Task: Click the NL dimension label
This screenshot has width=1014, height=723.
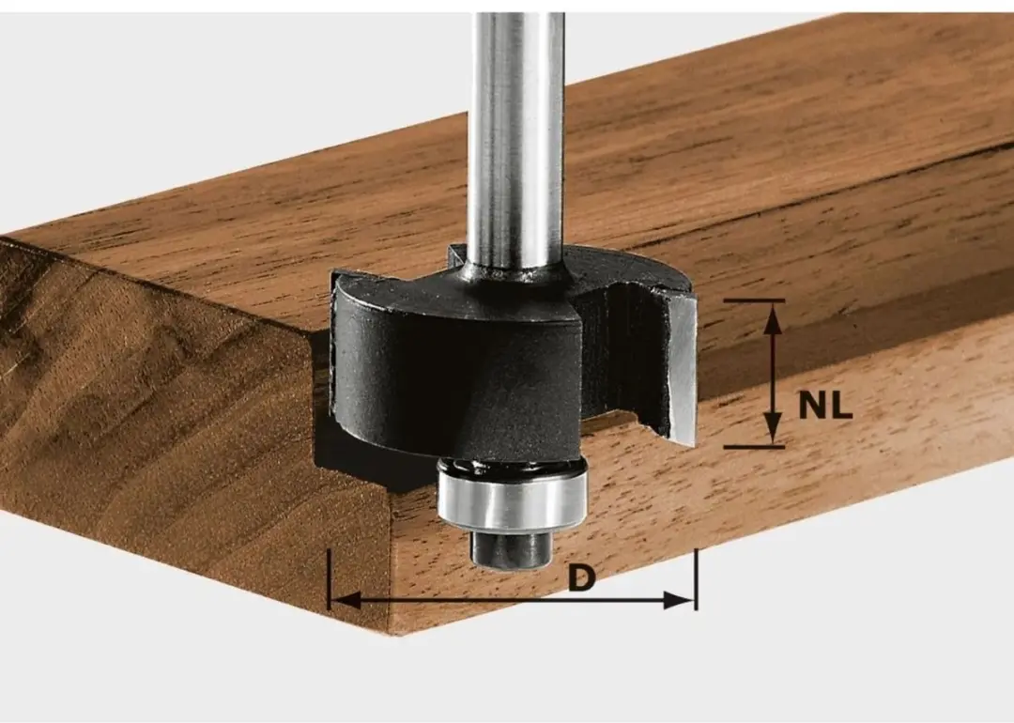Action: pyautogui.click(x=825, y=406)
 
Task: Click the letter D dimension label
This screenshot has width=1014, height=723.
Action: pyautogui.click(x=581, y=577)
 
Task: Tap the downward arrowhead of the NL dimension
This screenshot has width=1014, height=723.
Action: pyautogui.click(x=772, y=429)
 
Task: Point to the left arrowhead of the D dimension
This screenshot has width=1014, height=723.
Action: pyautogui.click(x=345, y=600)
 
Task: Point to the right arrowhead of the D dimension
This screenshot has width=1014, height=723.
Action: pyautogui.click(x=679, y=601)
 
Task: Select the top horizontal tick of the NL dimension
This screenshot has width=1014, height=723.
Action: pyautogui.click(x=754, y=300)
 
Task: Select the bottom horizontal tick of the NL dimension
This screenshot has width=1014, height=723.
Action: pyautogui.click(x=754, y=446)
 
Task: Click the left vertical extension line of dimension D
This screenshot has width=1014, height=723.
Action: pyautogui.click(x=330, y=579)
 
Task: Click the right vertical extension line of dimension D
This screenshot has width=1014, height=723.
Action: pyautogui.click(x=696, y=579)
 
